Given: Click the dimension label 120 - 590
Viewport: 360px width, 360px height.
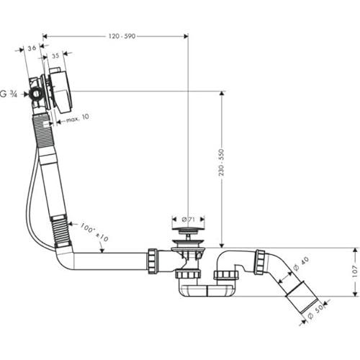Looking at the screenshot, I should coord(114,35).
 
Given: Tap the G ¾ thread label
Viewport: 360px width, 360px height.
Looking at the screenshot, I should coord(10,94).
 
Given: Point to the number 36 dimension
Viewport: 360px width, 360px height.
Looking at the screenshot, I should coord(32,49).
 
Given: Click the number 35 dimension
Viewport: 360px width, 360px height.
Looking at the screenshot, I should coord(55,54).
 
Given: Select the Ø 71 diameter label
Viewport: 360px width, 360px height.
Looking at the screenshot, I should coord(186,219).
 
